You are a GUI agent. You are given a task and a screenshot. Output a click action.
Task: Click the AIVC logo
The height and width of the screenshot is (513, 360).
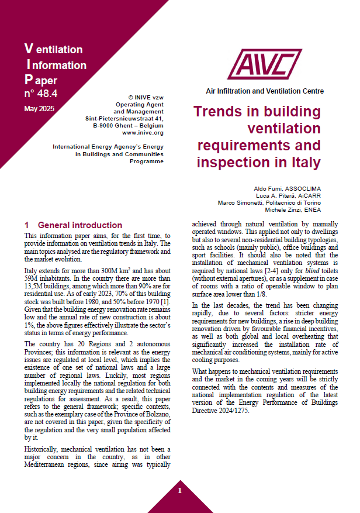click(266, 65)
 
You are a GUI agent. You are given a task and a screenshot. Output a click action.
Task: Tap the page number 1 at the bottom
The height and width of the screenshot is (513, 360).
click(180, 490)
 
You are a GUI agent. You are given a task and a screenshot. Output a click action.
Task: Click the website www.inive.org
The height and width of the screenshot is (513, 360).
click(143, 133)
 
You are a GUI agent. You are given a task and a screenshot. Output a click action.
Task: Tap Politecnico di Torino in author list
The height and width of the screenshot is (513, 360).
click(293, 202)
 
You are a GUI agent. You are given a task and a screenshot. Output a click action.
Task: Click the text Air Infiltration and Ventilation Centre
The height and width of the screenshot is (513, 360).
click(265, 91)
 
